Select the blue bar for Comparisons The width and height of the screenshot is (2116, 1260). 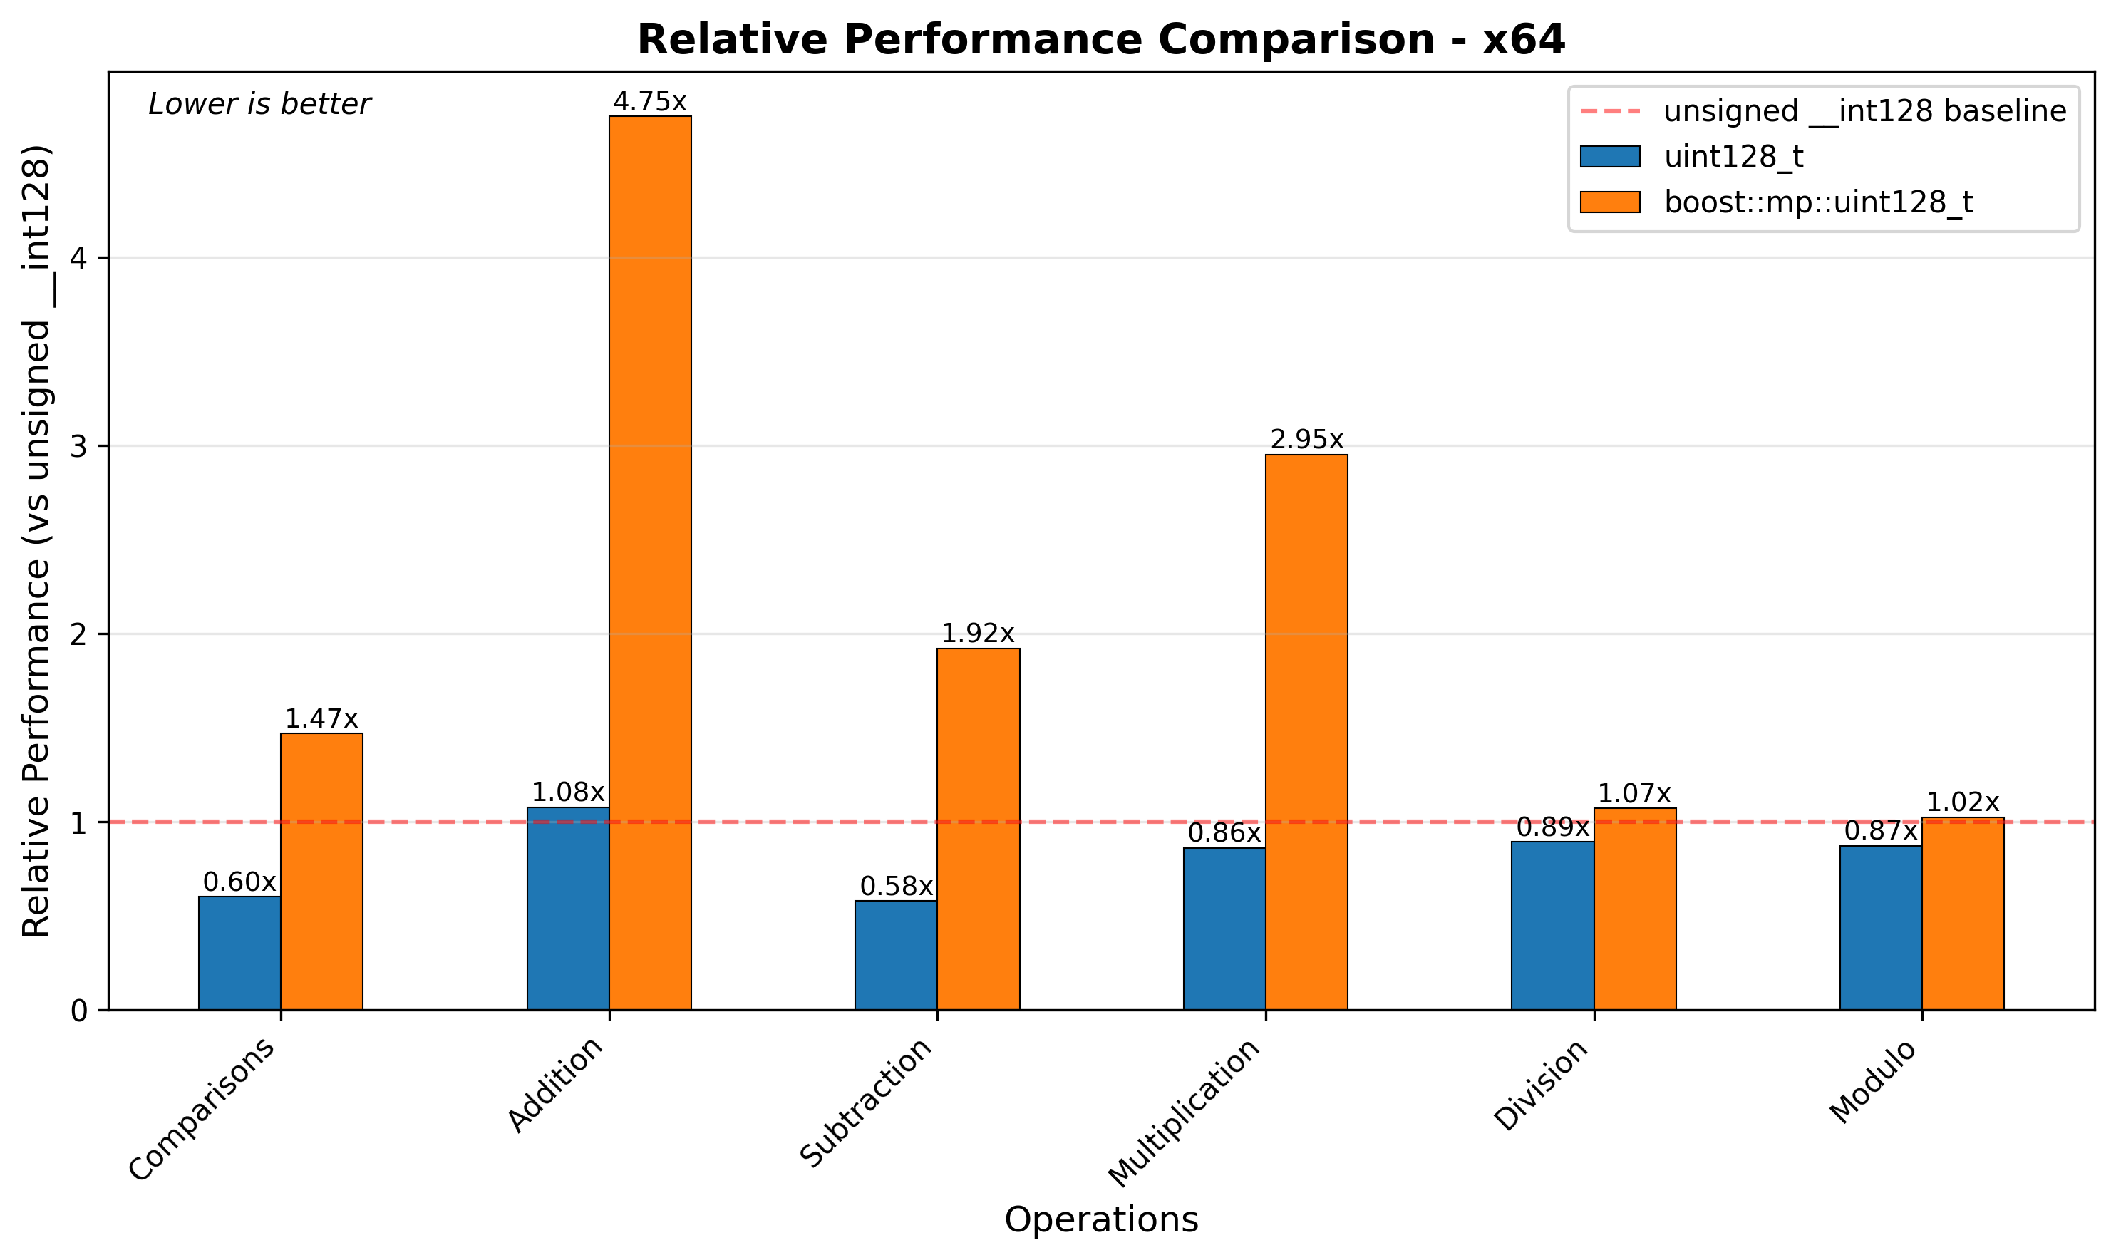click(x=239, y=953)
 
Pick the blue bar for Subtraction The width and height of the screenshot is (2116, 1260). click(x=896, y=955)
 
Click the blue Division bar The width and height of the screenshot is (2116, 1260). click(x=1552, y=926)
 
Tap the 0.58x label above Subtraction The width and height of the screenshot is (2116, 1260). click(x=896, y=887)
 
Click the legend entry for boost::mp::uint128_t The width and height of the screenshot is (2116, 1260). click(x=1818, y=202)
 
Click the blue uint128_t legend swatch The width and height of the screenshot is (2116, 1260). click(x=1609, y=157)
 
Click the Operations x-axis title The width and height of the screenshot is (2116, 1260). click(x=1100, y=1220)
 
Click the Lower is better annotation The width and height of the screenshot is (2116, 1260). click(x=259, y=105)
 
